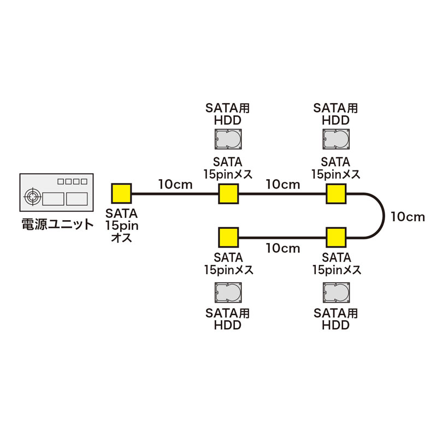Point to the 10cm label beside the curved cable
pyautogui.click(x=408, y=216)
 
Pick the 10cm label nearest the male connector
pyautogui.click(x=175, y=184)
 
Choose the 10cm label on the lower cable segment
pyautogui.click(x=283, y=248)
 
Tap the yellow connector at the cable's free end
pyautogui.click(x=228, y=238)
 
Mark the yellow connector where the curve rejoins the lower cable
pyautogui.click(x=336, y=238)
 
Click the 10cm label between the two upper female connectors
pyautogui.click(x=283, y=184)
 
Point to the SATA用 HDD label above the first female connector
pyautogui.click(x=228, y=114)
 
